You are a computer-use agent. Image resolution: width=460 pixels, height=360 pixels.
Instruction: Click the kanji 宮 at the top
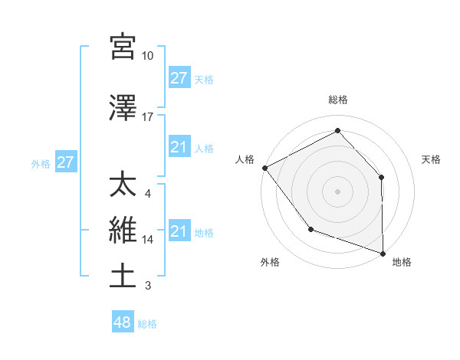pos(123,47)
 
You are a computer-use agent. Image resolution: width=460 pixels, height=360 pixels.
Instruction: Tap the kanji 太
pos(123,185)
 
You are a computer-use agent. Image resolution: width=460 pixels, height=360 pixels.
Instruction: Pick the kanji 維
pos(123,231)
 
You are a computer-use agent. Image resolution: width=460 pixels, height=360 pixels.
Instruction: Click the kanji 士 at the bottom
pos(123,277)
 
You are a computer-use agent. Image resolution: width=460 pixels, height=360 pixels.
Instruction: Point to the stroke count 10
pos(148,56)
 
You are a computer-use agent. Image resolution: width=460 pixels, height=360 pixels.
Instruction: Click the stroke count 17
pos(148,117)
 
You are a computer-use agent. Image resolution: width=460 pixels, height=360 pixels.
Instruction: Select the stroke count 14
pos(148,240)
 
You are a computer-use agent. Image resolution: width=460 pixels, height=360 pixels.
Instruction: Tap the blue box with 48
pos(123,322)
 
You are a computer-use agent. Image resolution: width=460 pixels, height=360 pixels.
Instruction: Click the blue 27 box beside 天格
pos(179,78)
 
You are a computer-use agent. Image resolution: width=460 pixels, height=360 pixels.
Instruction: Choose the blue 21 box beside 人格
pos(179,147)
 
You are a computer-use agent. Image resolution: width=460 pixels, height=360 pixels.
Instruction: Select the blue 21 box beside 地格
pos(179,231)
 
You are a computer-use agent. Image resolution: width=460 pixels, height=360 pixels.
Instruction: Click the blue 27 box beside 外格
pos(66,162)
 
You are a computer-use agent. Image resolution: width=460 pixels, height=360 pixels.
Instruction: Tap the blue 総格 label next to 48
pos(147,324)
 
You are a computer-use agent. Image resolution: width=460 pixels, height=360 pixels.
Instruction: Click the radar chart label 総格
pos(337,100)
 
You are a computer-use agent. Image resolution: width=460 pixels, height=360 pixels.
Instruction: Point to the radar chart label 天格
pos(432,159)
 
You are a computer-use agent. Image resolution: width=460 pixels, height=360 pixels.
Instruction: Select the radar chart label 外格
pos(270,263)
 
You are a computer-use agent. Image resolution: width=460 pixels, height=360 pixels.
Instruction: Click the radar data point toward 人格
pos(264,167)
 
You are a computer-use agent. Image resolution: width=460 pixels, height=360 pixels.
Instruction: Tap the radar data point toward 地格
pos(383,253)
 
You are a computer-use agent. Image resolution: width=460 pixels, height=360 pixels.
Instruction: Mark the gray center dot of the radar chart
pos(337,191)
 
